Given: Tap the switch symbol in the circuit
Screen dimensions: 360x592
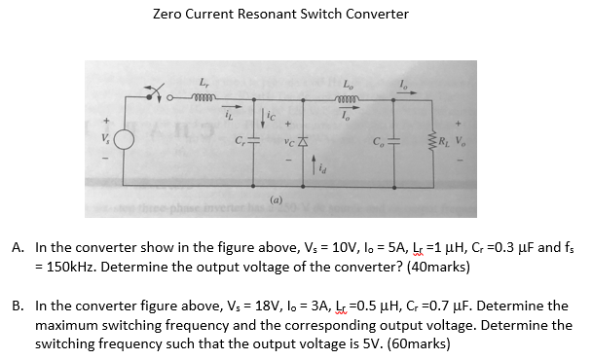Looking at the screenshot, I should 153,96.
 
